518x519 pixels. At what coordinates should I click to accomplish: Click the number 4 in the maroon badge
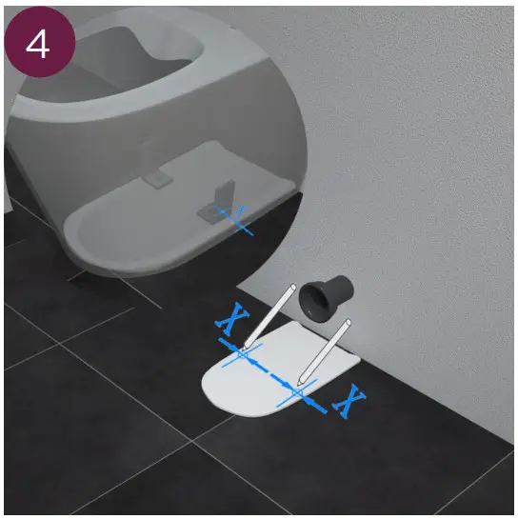[39, 43]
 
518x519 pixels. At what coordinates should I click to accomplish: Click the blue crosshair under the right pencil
[298, 391]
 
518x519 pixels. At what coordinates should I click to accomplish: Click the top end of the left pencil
[289, 285]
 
